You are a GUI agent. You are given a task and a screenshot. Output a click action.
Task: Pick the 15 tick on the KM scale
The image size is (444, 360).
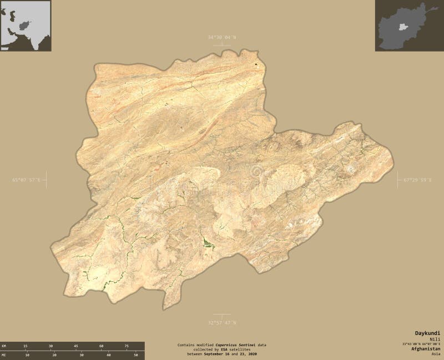[x=26, y=346]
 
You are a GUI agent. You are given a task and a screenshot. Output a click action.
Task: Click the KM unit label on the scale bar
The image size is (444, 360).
[x=4, y=346]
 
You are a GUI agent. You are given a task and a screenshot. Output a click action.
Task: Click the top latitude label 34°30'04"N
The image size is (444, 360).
[x=221, y=37]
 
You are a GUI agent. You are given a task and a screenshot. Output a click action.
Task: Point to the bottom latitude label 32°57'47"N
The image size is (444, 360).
[x=221, y=322]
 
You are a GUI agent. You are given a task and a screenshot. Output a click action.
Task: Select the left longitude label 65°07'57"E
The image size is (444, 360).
[x=26, y=179]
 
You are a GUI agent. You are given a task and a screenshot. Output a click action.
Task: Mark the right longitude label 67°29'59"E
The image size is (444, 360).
[x=417, y=179]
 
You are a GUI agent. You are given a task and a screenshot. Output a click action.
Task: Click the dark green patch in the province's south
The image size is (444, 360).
[x=206, y=242]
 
